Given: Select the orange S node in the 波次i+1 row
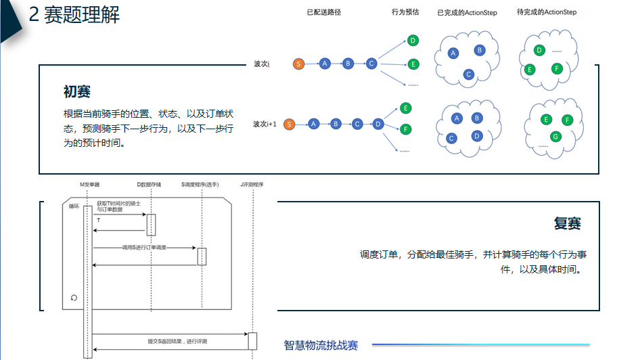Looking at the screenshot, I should [x=290, y=125].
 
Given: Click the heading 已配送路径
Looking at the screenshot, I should [x=324, y=12].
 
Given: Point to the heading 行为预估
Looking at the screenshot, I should [x=405, y=12].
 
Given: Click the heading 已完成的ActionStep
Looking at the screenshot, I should [x=467, y=13].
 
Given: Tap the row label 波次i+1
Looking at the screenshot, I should [x=265, y=125].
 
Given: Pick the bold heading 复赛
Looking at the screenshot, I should [x=567, y=224].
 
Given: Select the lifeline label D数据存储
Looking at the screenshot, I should [x=150, y=184].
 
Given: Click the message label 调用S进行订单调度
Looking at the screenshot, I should [x=143, y=248].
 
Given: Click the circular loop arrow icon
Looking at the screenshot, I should [x=74, y=297].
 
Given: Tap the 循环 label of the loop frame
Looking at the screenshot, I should [x=74, y=206].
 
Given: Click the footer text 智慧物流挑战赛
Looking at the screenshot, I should [x=321, y=346].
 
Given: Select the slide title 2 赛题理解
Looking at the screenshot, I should [x=74, y=15].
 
